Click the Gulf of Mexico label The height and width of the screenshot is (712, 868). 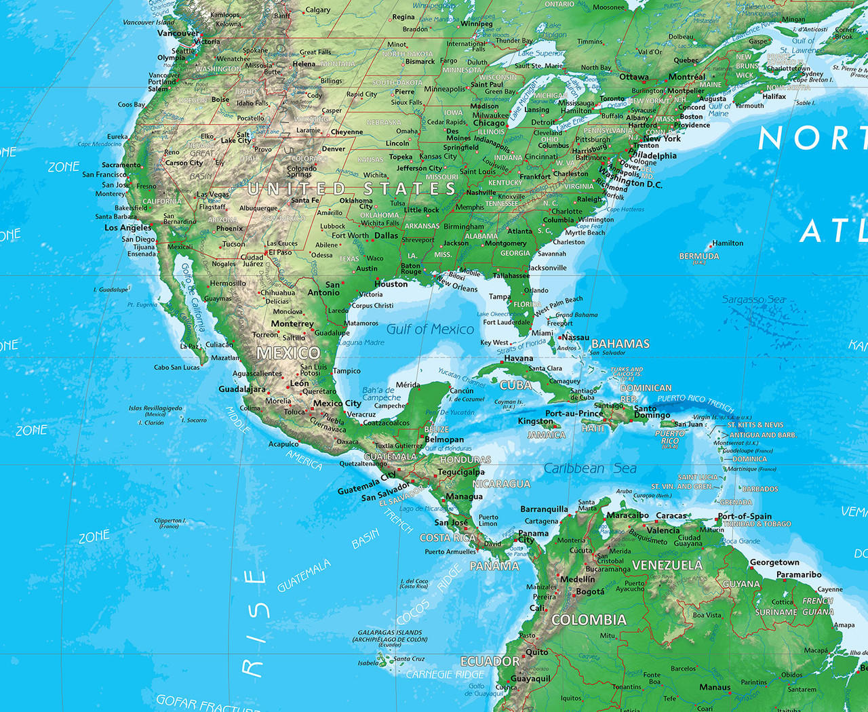pyautogui.click(x=430, y=329)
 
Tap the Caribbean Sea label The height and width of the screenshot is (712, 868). pyautogui.click(x=590, y=469)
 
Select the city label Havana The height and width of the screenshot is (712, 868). pyautogui.click(x=519, y=358)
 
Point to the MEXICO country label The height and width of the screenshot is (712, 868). pyautogui.click(x=288, y=353)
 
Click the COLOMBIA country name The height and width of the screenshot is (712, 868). pyautogui.click(x=589, y=620)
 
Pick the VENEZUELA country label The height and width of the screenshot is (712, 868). pyautogui.click(x=667, y=565)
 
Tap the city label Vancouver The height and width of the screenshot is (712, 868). pyautogui.click(x=178, y=33)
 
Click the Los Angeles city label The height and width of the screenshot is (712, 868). pyautogui.click(x=127, y=228)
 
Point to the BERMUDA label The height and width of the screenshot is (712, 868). pyautogui.click(x=699, y=256)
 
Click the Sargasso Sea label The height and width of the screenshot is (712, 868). pyautogui.click(x=753, y=299)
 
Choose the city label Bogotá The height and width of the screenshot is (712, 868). pyautogui.click(x=590, y=592)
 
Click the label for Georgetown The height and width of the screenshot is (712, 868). pyautogui.click(x=774, y=562)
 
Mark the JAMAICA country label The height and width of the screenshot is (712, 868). pyautogui.click(x=547, y=435)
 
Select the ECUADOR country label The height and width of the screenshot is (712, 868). pyautogui.click(x=490, y=661)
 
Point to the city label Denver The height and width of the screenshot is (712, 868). pyautogui.click(x=334, y=149)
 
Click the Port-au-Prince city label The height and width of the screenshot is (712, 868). pyautogui.click(x=574, y=413)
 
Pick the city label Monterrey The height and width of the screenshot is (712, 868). pyautogui.click(x=292, y=323)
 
